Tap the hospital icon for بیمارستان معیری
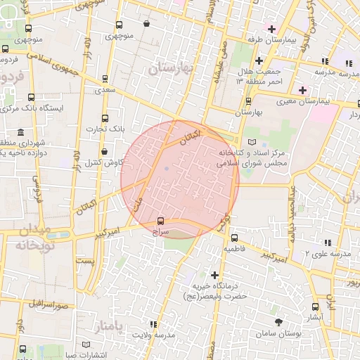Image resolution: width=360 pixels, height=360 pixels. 303,90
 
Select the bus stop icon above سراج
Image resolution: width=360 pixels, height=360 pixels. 161,220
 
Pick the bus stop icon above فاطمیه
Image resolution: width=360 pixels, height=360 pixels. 234,238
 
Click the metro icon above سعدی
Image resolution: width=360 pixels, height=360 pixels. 105,79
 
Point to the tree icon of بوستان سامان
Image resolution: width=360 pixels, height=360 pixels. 279,321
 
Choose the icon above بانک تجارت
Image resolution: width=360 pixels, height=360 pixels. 105,118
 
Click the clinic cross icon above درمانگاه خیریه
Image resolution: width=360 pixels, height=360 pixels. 215,275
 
